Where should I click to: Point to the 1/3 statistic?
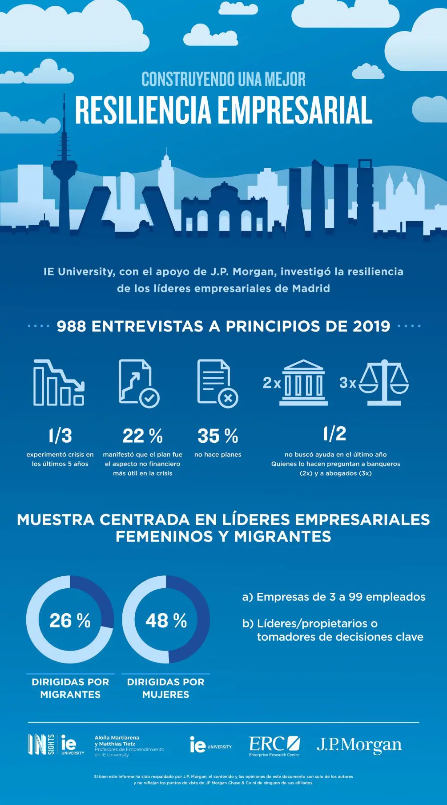[60, 436]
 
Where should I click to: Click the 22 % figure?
[142, 436]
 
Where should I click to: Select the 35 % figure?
[217, 436]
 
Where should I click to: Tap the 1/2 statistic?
[334, 433]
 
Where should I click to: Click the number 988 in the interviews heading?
[71, 326]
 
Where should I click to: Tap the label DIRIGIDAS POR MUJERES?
[165, 688]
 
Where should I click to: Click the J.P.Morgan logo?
[359, 745]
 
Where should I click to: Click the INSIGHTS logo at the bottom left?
[41, 744]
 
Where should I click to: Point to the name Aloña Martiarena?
[117, 737]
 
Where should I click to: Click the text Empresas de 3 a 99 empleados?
[334, 597]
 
